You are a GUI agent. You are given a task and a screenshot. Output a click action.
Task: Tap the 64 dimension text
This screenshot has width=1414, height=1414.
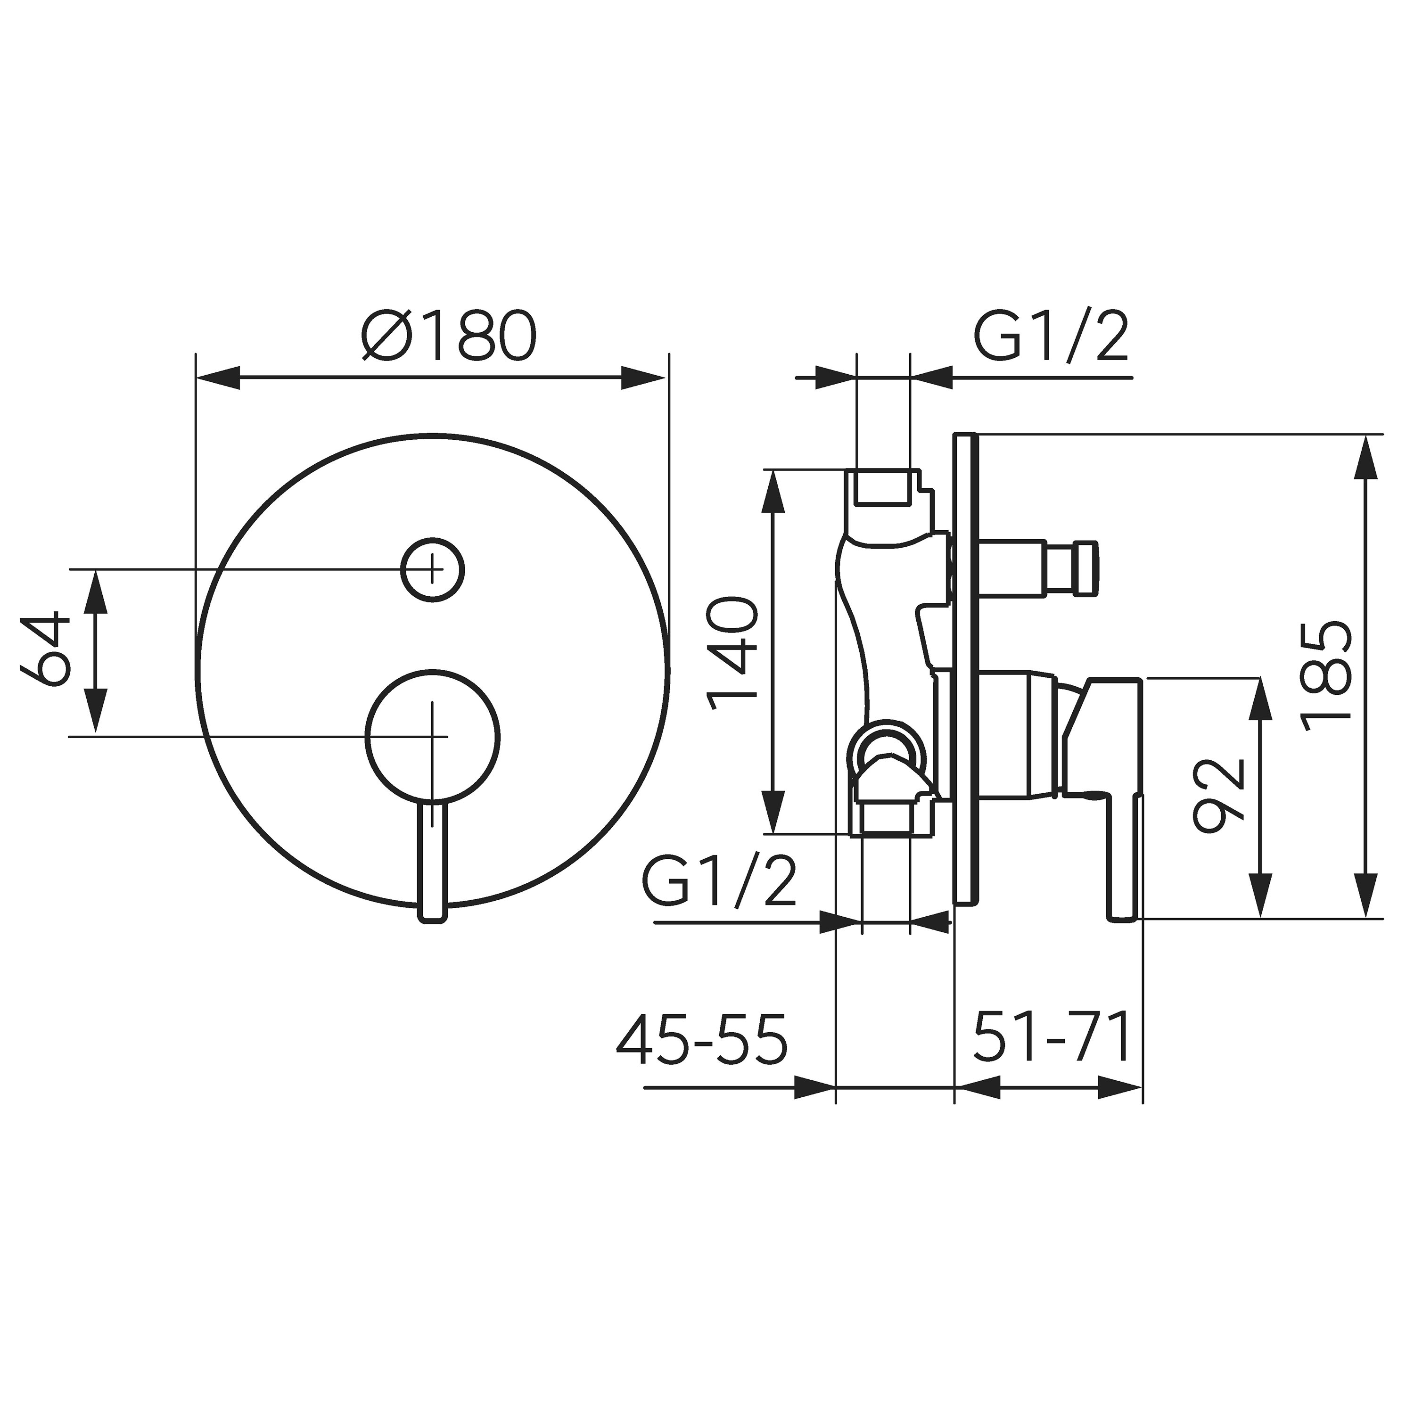pyautogui.click(x=45, y=650)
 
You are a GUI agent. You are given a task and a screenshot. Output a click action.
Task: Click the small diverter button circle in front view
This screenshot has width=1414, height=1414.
pyautogui.click(x=433, y=569)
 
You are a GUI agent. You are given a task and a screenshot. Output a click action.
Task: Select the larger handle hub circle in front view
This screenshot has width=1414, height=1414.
pyautogui.click(x=433, y=736)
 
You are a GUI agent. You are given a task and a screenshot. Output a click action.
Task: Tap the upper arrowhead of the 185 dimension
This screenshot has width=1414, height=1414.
pyautogui.click(x=1366, y=460)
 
